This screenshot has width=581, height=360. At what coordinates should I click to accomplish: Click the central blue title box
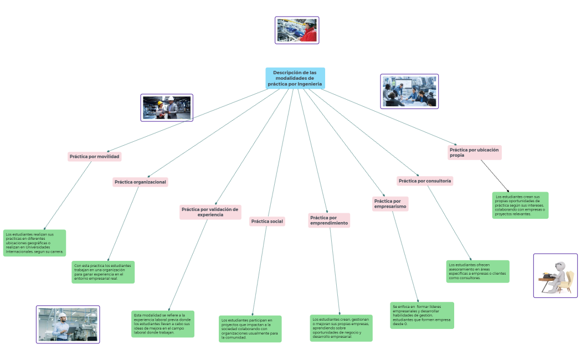coord(295,78)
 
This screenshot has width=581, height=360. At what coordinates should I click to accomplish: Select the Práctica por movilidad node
coord(94,157)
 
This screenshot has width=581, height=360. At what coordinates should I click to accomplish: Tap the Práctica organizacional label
coord(140,182)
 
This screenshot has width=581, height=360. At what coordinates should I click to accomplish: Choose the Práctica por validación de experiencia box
coord(210,212)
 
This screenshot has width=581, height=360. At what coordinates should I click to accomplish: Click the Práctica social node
coord(267,222)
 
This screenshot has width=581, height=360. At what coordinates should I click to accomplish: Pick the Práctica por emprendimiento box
coord(329,220)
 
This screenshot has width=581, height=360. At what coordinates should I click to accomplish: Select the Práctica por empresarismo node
coord(390,204)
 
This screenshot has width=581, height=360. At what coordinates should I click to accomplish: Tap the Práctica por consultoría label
coord(425,181)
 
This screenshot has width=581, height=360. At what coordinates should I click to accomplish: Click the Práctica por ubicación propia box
coord(474,152)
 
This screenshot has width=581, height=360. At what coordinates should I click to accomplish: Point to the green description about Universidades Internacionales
coord(34,243)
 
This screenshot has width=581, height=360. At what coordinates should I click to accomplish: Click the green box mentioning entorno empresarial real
coord(103,272)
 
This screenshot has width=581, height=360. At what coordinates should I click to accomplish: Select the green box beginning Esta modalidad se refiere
coord(163,324)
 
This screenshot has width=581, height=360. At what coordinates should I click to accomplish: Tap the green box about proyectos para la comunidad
coord(250,328)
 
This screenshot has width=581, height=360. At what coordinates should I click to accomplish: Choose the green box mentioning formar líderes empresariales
coord(421,315)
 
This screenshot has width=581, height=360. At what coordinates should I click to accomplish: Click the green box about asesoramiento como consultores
coord(477,271)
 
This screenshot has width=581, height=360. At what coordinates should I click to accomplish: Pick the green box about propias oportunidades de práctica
coord(520,205)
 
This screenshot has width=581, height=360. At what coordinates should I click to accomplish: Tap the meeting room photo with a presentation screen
coord(409,91)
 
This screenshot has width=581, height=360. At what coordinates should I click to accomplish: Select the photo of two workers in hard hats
coord(167,107)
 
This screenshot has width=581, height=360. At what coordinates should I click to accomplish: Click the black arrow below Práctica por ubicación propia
coord(495,176)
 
